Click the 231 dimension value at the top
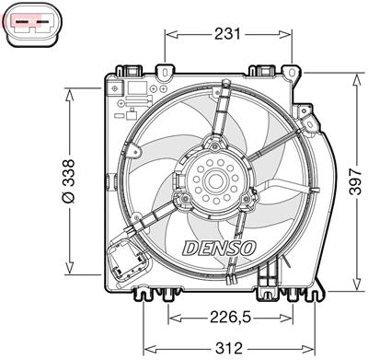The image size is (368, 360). click(227, 34)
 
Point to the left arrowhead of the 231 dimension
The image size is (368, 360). click(168, 34)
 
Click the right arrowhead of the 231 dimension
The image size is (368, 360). click(289, 34)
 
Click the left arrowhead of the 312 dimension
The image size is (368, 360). click(146, 347)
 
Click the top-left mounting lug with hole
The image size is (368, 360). click(166, 70)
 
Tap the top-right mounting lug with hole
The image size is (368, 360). click(292, 70)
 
